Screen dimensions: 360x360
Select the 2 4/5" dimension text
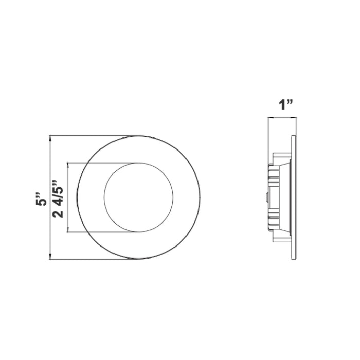60,199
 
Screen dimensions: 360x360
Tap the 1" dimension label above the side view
285,105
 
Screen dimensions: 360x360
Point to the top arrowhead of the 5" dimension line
50,138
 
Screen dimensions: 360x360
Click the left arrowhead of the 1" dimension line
269,118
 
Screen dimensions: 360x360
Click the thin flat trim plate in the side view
293,198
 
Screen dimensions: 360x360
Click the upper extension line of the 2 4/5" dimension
103,164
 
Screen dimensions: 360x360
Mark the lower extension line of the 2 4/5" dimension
103,232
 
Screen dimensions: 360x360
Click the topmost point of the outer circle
138,136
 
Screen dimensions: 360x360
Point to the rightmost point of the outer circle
200,198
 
